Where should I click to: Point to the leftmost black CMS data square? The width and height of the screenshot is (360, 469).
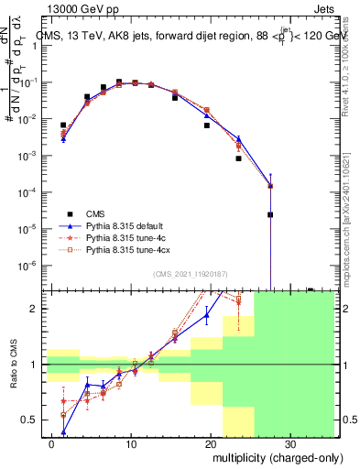63,125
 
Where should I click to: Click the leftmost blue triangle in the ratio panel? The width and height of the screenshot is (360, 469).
63,431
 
